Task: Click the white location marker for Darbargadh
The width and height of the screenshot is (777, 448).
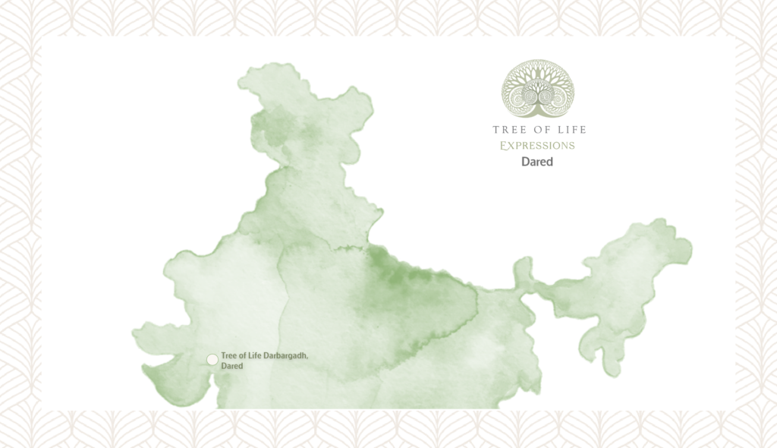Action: click(x=212, y=360)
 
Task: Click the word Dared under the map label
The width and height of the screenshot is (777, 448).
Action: click(x=231, y=366)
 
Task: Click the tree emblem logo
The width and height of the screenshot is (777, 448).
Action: click(x=538, y=90)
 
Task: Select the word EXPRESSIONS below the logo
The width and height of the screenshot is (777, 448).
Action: click(x=537, y=145)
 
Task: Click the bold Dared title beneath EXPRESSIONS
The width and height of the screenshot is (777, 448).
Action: click(x=537, y=162)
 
